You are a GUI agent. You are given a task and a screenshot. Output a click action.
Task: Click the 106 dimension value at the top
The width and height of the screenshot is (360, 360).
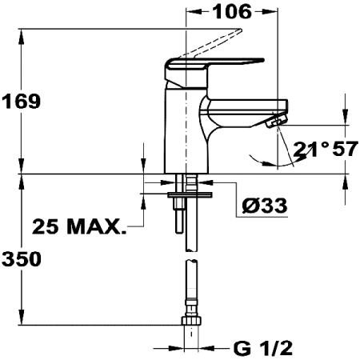(x=232, y=11)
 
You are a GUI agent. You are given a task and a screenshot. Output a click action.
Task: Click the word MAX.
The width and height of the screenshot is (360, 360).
(x=94, y=227)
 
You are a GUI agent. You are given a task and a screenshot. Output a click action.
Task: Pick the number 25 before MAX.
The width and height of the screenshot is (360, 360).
(x=46, y=227)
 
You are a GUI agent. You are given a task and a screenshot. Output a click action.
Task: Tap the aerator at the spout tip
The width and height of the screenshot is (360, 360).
(x=277, y=121)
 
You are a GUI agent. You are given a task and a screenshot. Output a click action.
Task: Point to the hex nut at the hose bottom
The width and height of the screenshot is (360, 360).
(x=190, y=324)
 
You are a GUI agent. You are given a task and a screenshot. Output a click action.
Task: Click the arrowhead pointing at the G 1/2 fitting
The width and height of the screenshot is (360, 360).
(x=209, y=348)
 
